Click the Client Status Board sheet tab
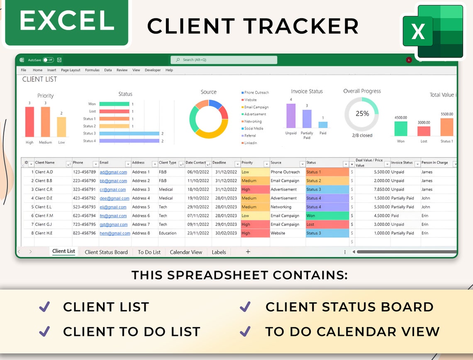106,252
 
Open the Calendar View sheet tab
186,252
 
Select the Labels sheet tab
219,252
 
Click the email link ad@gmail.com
107,172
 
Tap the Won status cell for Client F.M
327,216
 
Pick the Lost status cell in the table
327,224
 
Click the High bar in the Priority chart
29,122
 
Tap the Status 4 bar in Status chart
129,141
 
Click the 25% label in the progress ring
362,113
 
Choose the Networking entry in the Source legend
253,121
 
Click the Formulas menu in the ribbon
92,70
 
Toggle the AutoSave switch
48,60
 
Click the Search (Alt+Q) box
224,60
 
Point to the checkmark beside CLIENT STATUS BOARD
245,307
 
